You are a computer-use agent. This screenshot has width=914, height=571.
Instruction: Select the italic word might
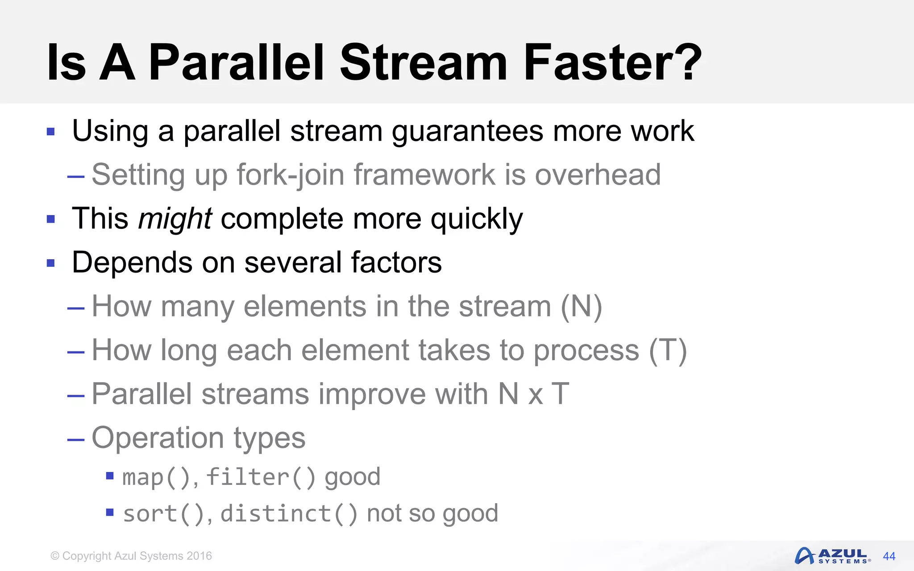[175, 219]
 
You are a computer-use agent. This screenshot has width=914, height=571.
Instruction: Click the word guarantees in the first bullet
[467, 132]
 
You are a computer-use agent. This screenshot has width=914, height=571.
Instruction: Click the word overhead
[598, 175]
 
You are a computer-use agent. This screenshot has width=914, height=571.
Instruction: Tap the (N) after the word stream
[582, 307]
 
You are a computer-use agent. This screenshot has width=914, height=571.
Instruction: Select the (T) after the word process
[668, 351]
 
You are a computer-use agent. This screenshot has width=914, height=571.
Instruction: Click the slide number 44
[889, 556]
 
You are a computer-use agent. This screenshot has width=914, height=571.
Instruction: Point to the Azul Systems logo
[832, 556]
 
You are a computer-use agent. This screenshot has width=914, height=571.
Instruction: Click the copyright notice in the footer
[131, 556]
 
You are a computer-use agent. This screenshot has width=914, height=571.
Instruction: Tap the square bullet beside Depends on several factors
[51, 263]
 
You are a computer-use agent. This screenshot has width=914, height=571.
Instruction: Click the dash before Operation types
[76, 440]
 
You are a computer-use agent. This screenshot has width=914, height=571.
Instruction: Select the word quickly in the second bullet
[476, 219]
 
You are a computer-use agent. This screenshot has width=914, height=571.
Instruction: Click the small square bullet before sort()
[110, 512]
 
